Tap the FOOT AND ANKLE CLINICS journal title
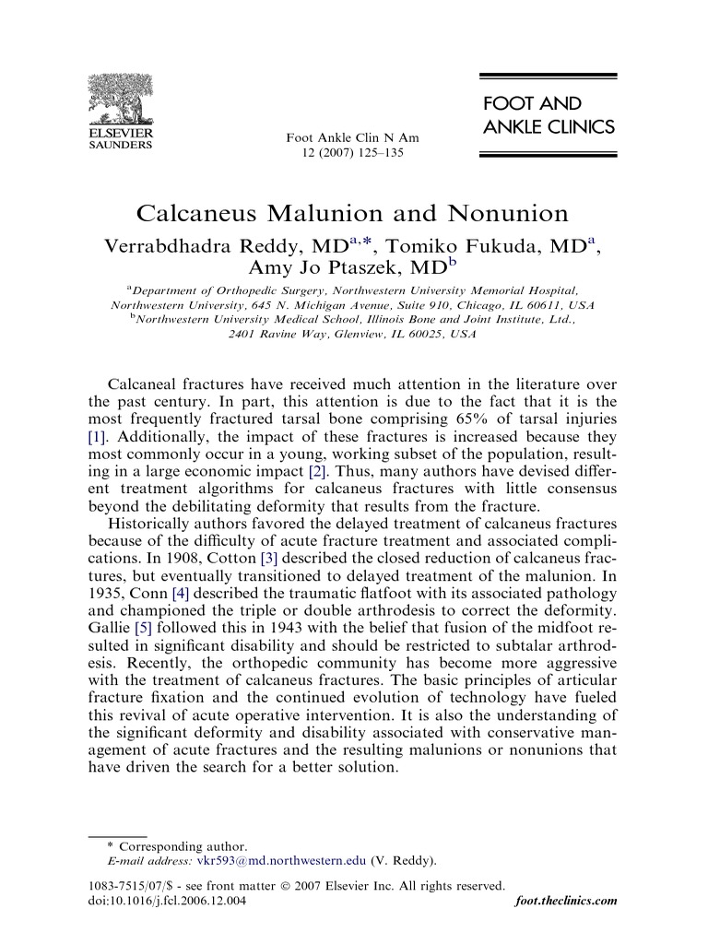548,115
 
